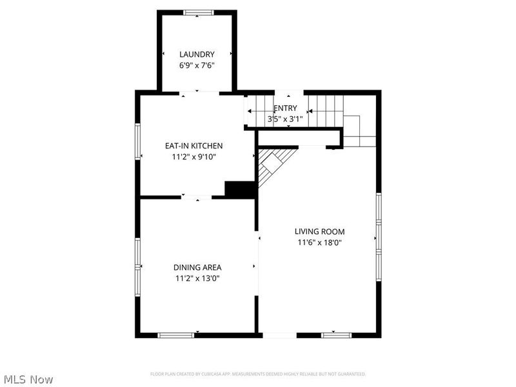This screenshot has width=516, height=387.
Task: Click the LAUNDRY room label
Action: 197,54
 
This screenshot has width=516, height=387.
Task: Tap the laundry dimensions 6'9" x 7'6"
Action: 197,65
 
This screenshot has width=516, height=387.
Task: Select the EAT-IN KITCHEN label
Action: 194,146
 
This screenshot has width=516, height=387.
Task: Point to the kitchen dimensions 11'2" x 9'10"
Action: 194,156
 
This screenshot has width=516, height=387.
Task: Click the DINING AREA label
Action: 197,268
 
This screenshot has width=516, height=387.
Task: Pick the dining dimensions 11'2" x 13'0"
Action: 197,279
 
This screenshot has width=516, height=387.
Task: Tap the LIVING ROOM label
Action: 319,232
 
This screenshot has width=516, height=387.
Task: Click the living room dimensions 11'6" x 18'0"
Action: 319,243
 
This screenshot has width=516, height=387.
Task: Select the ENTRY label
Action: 286,108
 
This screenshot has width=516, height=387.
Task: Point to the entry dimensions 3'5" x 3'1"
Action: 285,119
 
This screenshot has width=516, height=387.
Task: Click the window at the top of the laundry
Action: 197,12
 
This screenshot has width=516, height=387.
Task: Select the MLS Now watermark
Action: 28,379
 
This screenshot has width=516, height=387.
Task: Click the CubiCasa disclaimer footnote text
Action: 258,374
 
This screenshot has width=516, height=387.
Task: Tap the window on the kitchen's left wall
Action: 137,141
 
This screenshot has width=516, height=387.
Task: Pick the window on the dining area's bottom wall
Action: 176,335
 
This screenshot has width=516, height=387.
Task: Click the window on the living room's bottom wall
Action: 337,335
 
